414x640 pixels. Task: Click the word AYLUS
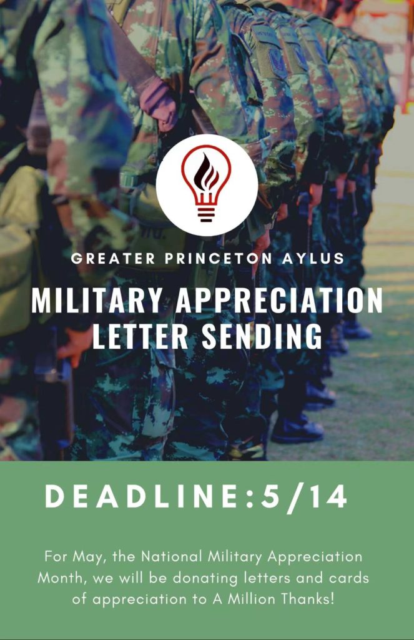[x=313, y=258]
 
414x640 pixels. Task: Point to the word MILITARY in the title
[x=97, y=301]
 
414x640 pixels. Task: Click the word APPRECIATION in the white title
[x=279, y=301]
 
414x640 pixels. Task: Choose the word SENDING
[x=262, y=336]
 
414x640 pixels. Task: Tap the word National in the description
[x=172, y=556]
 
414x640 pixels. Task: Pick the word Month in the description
[x=62, y=578]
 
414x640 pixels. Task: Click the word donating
[x=205, y=579]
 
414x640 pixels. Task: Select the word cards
[x=349, y=578]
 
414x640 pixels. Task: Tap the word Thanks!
[x=308, y=599]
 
